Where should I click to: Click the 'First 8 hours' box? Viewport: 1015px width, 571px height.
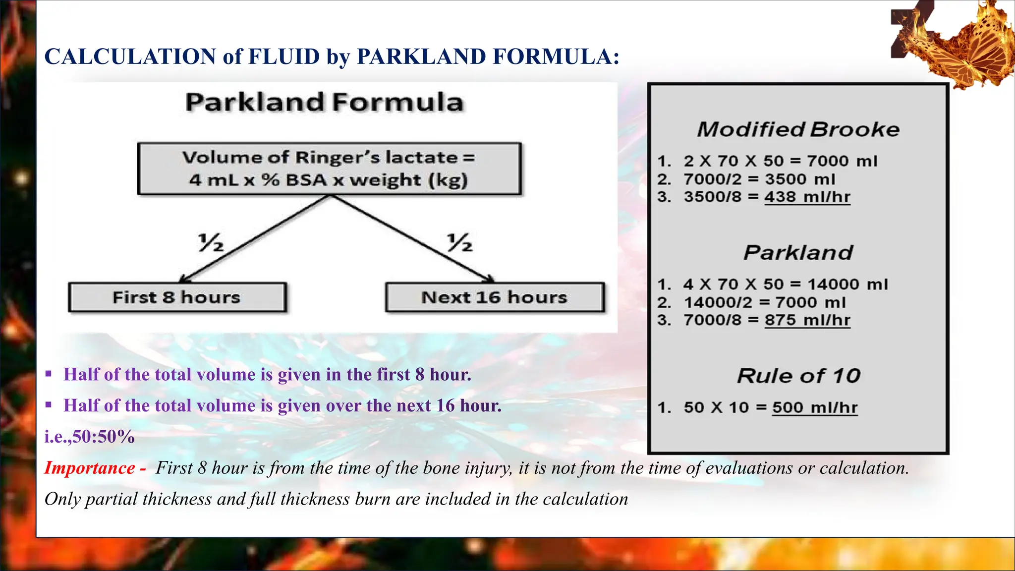(177, 297)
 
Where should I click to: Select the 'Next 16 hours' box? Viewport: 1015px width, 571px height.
(495, 297)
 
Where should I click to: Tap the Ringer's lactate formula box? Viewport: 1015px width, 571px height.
(329, 169)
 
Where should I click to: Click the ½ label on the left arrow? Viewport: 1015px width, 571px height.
(211, 242)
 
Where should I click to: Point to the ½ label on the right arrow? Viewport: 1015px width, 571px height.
(459, 242)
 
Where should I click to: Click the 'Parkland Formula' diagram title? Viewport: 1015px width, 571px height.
(325, 103)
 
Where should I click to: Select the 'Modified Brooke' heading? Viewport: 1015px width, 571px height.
(798, 129)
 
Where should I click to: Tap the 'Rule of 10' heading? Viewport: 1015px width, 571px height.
(798, 376)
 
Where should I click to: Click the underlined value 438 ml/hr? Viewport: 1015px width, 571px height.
(807, 197)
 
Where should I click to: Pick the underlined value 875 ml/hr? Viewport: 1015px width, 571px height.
(807, 320)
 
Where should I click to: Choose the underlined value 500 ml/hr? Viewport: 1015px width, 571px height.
(814, 407)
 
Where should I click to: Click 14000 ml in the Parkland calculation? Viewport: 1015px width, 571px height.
(847, 284)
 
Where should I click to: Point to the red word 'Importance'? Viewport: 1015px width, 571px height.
(90, 468)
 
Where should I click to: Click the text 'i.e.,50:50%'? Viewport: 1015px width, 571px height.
(90, 437)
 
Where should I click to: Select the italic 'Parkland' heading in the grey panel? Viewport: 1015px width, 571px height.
(798, 253)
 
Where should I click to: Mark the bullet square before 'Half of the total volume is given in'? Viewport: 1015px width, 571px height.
(49, 374)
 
